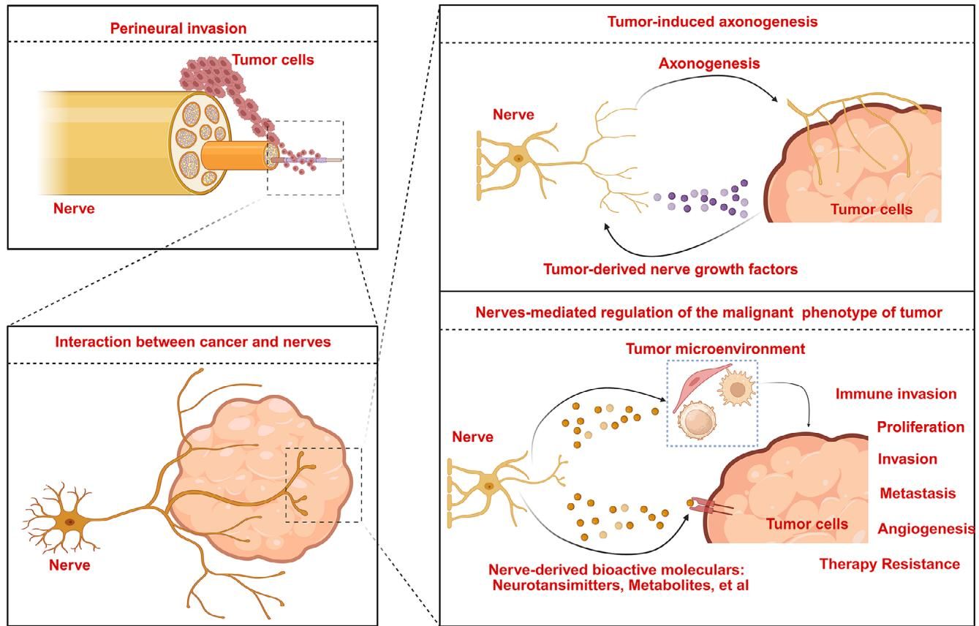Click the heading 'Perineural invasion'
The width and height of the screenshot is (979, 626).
click(178, 29)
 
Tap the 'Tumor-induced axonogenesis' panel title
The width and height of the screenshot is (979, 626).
click(712, 22)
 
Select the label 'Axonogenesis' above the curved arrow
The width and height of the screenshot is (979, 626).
click(708, 64)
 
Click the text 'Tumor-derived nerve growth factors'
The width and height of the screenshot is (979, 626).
click(670, 269)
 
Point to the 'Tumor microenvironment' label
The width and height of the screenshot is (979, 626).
click(715, 349)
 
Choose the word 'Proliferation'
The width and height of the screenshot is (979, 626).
click(921, 427)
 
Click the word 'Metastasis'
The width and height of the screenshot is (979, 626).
click(918, 494)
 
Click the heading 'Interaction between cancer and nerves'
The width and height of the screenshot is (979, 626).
click(192, 342)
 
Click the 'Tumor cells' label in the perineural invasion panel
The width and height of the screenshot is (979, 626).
click(273, 59)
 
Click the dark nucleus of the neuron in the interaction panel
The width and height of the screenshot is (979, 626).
click(69, 522)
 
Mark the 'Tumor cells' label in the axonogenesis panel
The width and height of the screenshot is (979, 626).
click(872, 210)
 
